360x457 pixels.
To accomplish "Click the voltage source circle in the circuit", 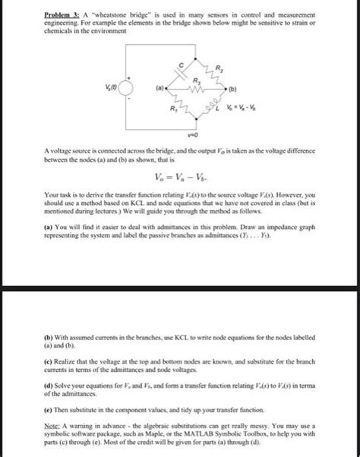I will [x=128, y=93].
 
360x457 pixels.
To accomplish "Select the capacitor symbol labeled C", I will [x=182, y=73].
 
